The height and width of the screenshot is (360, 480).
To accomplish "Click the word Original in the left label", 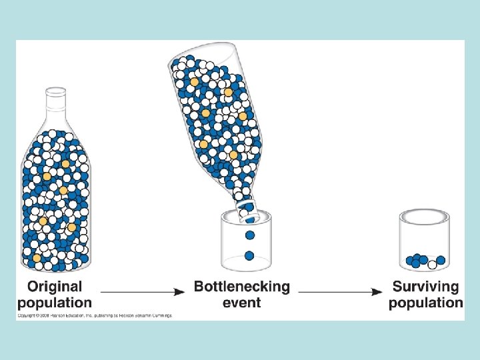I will [55, 287].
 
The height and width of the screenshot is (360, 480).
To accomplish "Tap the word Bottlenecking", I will [242, 287].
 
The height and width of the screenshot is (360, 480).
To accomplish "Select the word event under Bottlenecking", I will [242, 302].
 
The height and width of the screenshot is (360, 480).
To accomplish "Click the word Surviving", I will [425, 287].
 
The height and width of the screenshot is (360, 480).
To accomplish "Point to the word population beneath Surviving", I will [425, 303].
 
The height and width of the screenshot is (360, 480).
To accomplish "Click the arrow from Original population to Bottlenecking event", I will [143, 292].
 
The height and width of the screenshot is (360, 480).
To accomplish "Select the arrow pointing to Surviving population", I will [340, 292].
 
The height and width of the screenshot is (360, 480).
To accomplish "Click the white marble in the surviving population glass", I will [432, 265].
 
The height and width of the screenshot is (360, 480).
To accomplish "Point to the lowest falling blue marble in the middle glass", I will [250, 255].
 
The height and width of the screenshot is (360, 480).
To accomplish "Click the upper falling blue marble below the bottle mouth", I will [250, 235].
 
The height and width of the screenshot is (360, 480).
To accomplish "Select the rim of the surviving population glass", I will [424, 216].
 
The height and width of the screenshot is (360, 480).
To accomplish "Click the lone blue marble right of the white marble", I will [441, 260].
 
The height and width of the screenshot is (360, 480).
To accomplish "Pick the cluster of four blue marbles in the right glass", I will [417, 260].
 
